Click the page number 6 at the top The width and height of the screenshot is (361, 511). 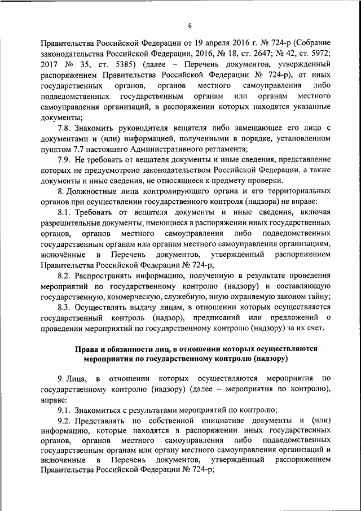190,25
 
